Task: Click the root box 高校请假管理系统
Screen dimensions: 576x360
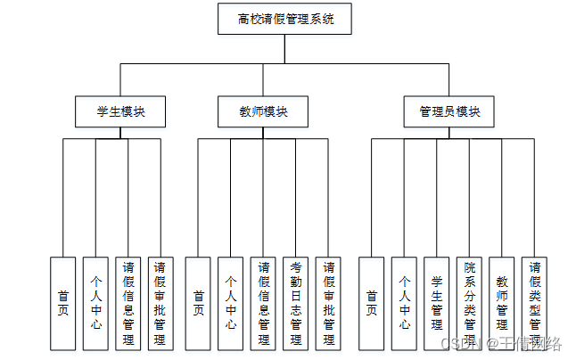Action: [284, 19]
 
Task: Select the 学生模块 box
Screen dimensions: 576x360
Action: [120, 112]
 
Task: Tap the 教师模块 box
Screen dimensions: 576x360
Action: [263, 112]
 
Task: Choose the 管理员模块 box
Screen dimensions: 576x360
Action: [448, 112]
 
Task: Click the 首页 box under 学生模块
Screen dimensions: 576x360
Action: [62, 304]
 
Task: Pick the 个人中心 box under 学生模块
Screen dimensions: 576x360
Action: [95, 304]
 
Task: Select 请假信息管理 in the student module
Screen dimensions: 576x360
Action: [128, 304]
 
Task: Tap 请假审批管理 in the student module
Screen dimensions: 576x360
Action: [160, 304]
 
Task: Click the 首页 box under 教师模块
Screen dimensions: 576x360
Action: [198, 304]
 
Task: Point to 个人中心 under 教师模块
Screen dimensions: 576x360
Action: [230, 304]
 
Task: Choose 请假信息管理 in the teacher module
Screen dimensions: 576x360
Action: [263, 304]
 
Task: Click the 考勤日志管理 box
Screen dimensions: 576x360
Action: [296, 304]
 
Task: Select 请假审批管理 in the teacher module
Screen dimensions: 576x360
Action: [328, 304]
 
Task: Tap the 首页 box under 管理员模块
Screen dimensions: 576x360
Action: [372, 304]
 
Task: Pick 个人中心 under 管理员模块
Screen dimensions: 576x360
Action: [404, 304]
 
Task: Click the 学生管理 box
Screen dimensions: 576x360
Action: [436, 304]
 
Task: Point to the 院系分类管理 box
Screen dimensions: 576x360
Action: [469, 304]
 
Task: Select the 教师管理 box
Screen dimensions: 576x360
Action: [501, 304]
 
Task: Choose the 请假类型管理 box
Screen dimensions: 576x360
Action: [534, 304]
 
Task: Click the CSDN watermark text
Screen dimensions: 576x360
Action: [501, 344]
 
